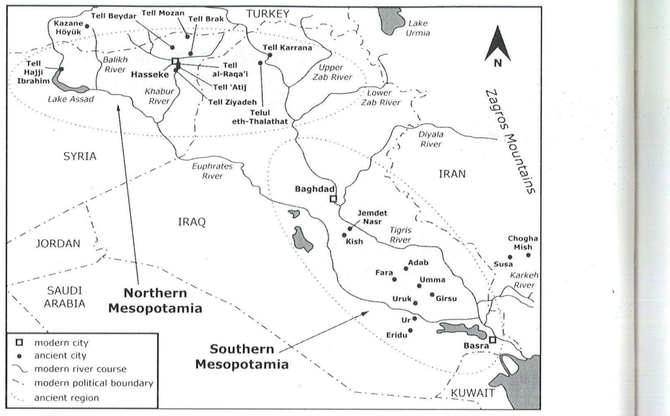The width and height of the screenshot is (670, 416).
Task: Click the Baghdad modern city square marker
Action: (333, 199)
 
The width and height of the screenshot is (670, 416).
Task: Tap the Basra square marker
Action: (492, 340)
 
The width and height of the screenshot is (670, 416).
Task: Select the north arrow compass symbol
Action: (498, 46)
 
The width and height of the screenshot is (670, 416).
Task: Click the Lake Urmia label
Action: (417, 28)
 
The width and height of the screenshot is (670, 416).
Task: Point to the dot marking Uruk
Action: (415, 303)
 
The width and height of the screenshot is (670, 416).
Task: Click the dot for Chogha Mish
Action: (529, 255)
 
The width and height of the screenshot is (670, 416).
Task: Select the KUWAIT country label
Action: (473, 393)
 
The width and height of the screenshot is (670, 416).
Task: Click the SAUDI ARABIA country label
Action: (65, 297)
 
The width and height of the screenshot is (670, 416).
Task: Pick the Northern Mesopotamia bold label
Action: (155, 300)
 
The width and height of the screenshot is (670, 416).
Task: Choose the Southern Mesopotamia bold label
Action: (242, 356)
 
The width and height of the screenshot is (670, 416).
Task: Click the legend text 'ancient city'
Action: (60, 356)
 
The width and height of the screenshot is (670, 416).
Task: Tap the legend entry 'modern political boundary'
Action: (93, 383)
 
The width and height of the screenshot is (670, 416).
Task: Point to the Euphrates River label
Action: (212, 171)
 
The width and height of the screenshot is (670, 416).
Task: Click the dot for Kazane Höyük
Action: (87, 26)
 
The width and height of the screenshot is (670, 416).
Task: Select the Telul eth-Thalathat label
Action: (260, 117)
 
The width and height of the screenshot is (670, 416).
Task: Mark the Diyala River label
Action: (431, 139)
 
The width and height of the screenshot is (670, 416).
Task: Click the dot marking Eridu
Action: (410, 330)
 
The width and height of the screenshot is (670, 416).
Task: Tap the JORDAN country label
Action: (58, 244)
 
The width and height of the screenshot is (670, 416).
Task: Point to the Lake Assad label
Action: (71, 99)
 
